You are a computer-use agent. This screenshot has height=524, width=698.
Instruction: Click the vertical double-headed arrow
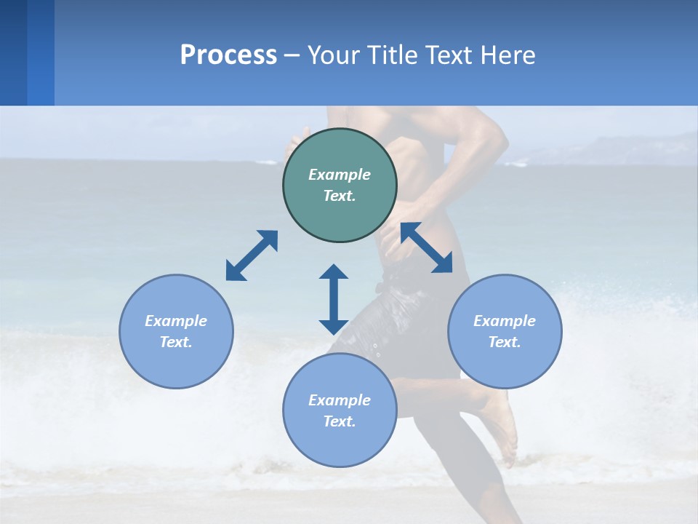(x=334, y=299)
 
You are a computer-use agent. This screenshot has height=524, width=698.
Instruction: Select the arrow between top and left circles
(x=252, y=255)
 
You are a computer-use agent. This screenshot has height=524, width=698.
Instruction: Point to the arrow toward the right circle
(x=427, y=247)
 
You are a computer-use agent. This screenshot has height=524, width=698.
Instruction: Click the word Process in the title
(x=228, y=55)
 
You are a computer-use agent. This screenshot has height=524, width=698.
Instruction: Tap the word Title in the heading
(x=392, y=55)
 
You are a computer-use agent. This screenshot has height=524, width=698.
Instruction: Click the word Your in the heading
(x=334, y=55)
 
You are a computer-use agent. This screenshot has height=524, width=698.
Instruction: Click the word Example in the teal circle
(x=340, y=175)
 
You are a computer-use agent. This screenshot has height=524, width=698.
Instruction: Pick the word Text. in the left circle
(x=176, y=342)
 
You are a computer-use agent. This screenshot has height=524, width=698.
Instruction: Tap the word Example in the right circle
(x=505, y=321)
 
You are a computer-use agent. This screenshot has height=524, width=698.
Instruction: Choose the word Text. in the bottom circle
(x=340, y=421)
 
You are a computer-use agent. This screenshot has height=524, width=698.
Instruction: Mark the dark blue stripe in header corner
(x=13, y=52)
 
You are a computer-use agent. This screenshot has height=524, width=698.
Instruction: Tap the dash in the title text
(x=292, y=55)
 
